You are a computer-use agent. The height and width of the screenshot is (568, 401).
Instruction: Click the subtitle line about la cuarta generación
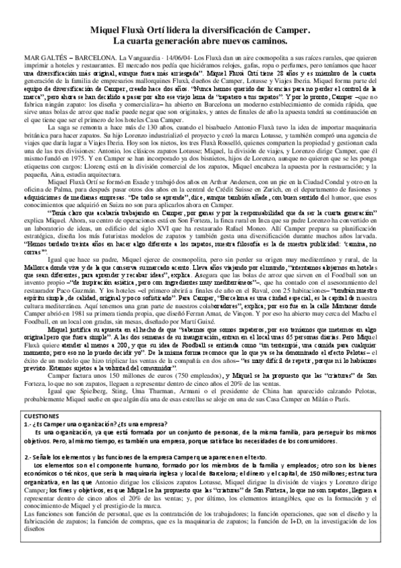point(201,42)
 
